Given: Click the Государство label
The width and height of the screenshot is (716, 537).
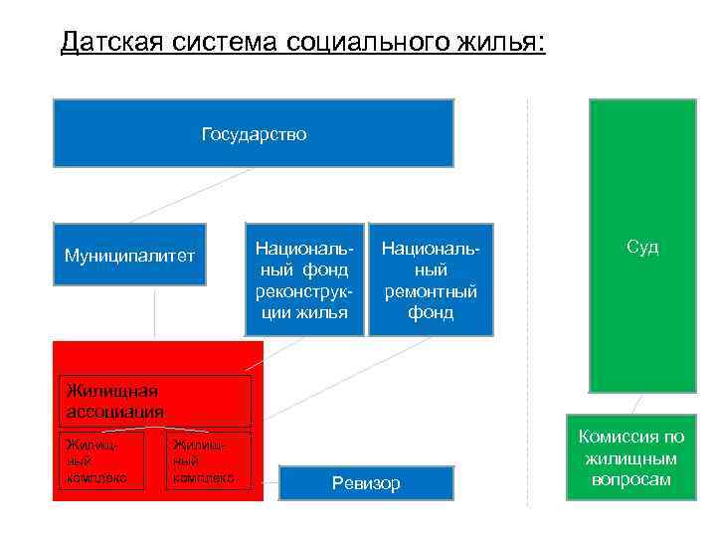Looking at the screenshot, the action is [x=254, y=133].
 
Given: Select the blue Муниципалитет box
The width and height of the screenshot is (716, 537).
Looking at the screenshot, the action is [x=129, y=255].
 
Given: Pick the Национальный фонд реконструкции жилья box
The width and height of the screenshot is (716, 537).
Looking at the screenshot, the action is [x=302, y=278].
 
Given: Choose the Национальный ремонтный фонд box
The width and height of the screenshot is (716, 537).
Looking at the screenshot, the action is [x=431, y=278].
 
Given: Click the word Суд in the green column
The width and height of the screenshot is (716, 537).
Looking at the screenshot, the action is [x=641, y=247].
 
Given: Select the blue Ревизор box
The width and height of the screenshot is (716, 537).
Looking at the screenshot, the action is [x=366, y=483].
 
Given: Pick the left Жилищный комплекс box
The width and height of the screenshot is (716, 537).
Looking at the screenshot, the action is [x=101, y=460].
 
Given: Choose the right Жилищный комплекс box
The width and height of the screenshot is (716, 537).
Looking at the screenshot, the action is [x=208, y=460].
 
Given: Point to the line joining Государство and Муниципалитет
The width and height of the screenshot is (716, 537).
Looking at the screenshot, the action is [x=189, y=194].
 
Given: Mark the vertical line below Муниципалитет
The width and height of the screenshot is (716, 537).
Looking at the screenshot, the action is [x=154, y=313].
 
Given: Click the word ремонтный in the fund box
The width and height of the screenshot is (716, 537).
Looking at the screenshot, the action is [x=431, y=291].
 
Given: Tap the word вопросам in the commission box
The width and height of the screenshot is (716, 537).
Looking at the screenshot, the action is [x=631, y=480].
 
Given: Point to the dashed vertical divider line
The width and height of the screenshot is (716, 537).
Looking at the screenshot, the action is [x=527, y=298].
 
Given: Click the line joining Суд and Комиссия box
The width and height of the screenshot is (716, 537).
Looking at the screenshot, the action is [x=636, y=403].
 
